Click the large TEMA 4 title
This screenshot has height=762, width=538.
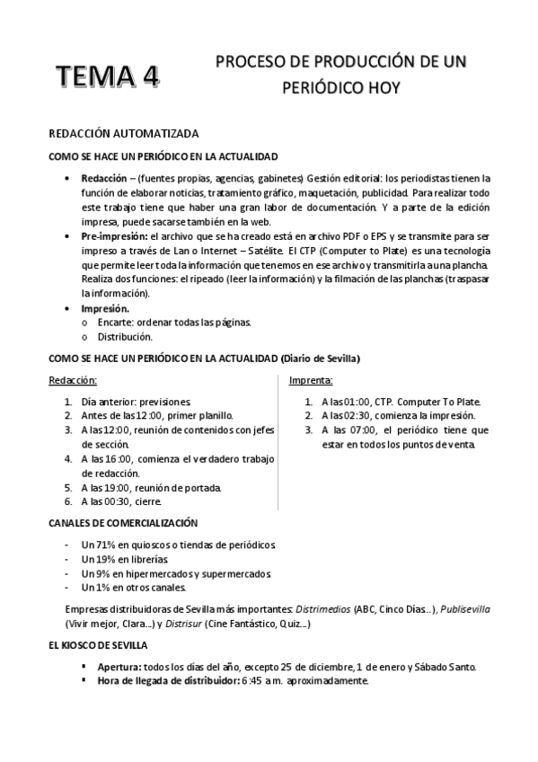[107, 78]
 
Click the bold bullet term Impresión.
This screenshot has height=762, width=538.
[106, 308]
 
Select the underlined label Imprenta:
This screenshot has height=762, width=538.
[311, 380]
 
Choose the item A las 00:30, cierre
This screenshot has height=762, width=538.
[122, 501]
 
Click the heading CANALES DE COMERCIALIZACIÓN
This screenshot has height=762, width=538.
[123, 522]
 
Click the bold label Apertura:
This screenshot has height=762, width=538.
[120, 667]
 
